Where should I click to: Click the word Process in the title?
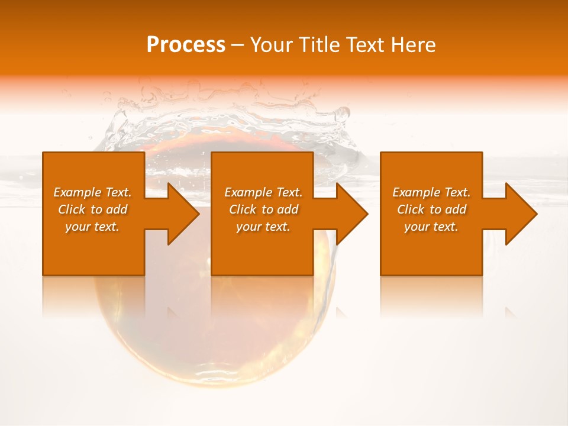(x=186, y=45)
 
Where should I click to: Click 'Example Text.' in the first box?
(x=92, y=192)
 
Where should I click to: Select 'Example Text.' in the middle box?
(x=263, y=192)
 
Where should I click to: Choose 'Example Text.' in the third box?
(x=431, y=192)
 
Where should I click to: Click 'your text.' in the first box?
(x=92, y=227)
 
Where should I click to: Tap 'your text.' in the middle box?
(x=263, y=227)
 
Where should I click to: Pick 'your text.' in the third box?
(x=431, y=227)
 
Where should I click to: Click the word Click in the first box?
(x=72, y=209)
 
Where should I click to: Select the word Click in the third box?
(x=411, y=209)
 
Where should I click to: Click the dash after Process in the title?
(x=237, y=45)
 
